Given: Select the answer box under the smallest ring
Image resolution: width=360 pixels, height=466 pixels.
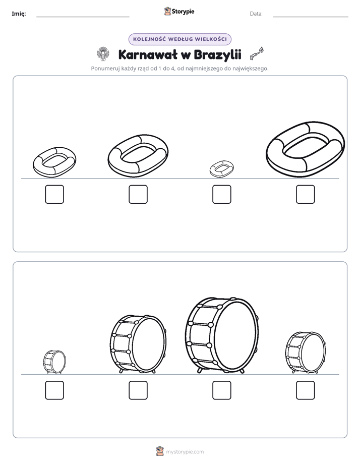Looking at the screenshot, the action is click(221, 194).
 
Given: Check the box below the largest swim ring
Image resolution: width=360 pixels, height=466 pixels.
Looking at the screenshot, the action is click(306, 194).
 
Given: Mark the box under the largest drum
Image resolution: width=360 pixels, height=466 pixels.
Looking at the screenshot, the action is click(221, 390).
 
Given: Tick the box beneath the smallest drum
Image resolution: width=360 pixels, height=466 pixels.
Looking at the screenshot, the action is click(54, 390).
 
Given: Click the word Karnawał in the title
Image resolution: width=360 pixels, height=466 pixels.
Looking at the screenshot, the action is click(147, 54).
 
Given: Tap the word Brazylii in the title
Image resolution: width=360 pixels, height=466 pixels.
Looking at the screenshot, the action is click(217, 55).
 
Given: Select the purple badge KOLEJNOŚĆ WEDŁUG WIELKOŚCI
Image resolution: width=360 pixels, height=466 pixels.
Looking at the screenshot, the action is click(179, 39).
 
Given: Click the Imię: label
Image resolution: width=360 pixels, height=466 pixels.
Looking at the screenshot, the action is click(19, 14).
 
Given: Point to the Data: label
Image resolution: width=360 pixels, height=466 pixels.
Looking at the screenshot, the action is click(256, 14).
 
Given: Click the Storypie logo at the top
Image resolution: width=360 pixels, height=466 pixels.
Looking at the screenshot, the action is click(179, 11).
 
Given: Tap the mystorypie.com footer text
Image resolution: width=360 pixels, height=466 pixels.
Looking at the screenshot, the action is click(185, 452).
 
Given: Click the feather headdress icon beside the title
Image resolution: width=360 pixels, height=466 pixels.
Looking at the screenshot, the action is click(103, 54).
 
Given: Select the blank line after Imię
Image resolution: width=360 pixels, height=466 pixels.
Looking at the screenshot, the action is click(83, 17).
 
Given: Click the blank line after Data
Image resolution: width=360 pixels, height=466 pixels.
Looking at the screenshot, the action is click(311, 17).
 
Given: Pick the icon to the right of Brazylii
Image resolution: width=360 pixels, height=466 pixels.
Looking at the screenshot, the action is click(257, 53).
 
